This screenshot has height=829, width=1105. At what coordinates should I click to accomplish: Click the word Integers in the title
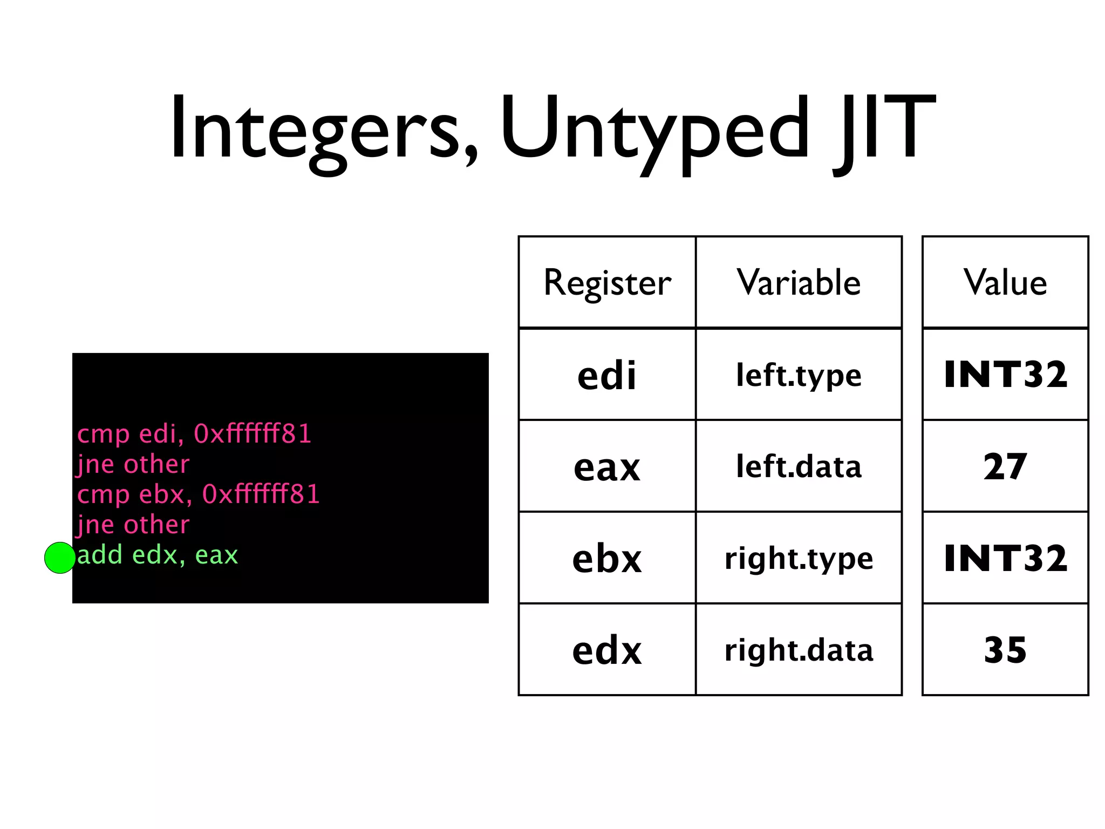coord(324,130)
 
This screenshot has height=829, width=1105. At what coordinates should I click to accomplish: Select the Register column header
coord(607,282)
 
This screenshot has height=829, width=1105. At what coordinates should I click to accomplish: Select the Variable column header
coord(799,282)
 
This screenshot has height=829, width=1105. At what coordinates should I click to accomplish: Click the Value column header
coord(1005,282)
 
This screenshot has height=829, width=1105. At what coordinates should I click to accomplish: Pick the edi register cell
coord(607,375)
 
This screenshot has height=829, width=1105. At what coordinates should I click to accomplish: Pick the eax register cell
coord(607,467)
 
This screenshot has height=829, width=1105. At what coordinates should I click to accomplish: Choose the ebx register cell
coord(607,559)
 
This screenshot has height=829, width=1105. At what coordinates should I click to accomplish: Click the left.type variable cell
coord(799,375)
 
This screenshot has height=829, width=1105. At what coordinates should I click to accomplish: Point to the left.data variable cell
coord(799,467)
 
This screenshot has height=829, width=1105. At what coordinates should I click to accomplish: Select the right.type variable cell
coord(799,559)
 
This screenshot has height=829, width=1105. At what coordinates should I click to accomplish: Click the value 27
coord(1005,467)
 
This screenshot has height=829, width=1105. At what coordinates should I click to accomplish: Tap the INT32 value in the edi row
coord(1005,375)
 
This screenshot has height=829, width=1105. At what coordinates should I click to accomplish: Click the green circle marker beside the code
coord(60,558)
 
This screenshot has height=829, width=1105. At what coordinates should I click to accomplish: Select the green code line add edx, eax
coord(158,555)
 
